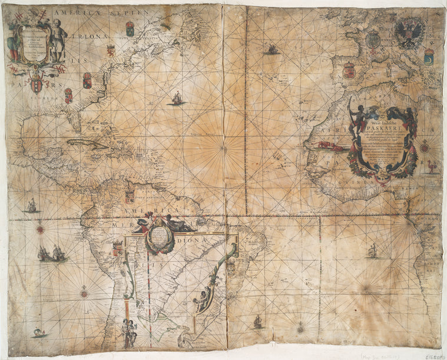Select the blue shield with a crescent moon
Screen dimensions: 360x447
429,56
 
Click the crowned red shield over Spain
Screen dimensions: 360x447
349,70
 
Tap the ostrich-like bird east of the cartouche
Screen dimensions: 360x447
433,167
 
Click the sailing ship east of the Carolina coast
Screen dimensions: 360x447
177,98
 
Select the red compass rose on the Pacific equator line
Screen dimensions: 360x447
40,229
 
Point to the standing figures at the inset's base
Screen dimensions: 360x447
129,333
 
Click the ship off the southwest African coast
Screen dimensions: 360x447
372,252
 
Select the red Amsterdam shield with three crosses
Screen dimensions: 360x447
37,84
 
